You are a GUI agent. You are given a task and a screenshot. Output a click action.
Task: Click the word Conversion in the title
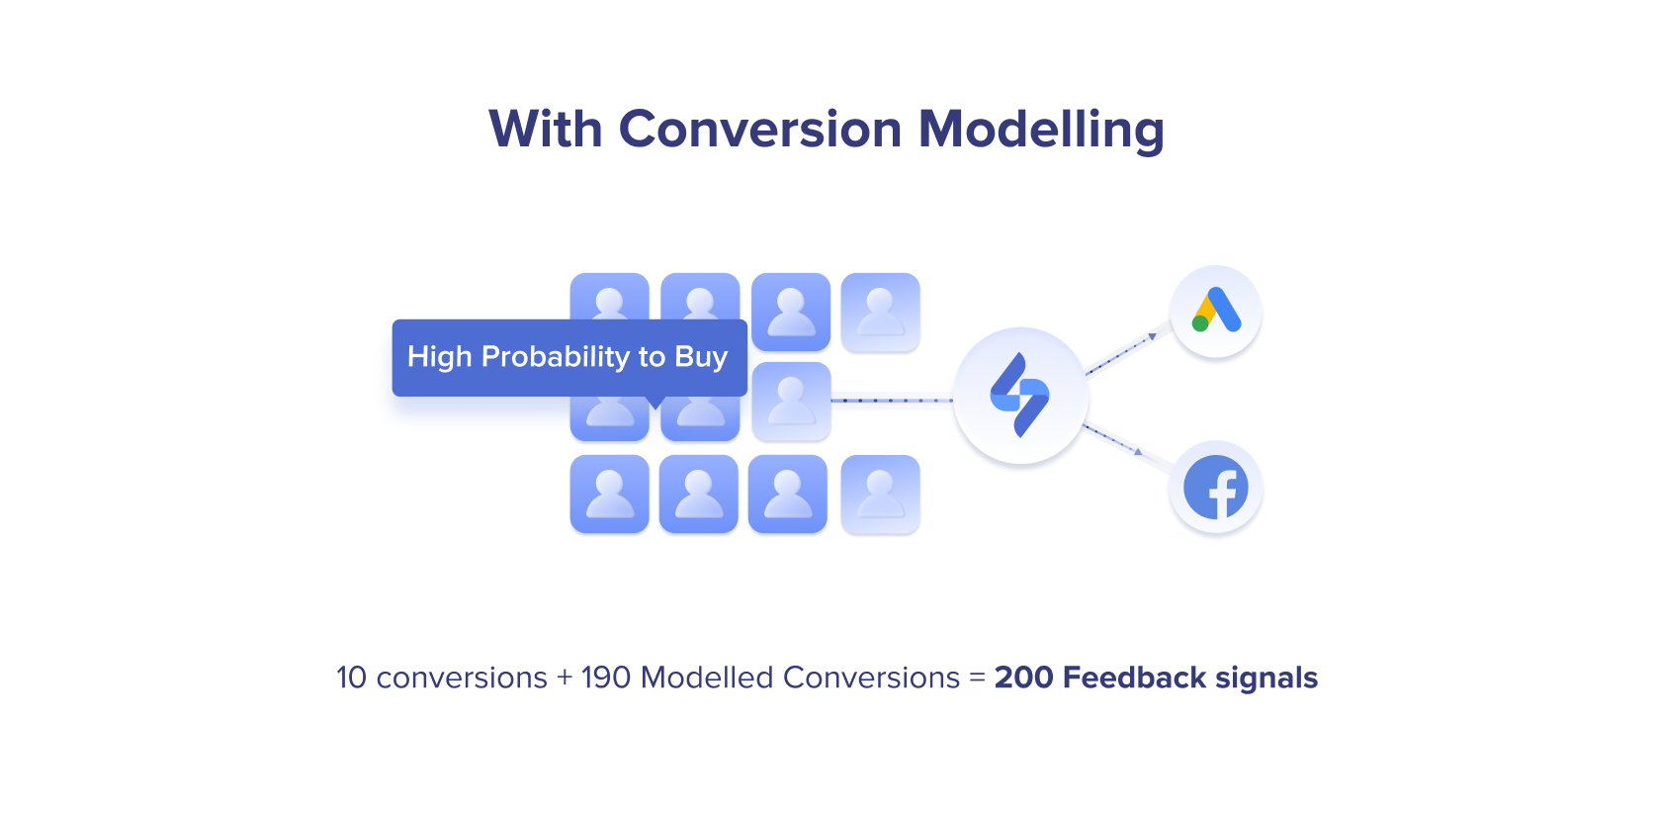click(x=759, y=129)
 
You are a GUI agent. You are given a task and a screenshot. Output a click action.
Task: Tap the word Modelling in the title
click(x=1041, y=131)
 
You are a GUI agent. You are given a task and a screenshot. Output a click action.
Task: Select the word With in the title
click(x=546, y=129)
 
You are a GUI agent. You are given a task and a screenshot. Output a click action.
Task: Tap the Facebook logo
click(x=1216, y=487)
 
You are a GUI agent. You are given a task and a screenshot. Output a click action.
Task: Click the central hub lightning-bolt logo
click(x=1020, y=395)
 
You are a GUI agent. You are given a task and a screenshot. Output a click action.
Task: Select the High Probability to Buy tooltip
click(x=569, y=358)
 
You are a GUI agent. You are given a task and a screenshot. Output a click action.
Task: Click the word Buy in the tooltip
click(x=701, y=357)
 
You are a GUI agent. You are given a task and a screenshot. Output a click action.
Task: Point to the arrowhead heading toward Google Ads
click(x=1153, y=337)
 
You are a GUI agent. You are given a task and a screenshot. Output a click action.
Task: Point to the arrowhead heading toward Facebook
click(x=1139, y=451)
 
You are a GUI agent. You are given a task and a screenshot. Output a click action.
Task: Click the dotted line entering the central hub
click(x=892, y=401)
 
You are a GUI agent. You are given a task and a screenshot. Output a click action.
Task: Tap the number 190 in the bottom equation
click(x=606, y=678)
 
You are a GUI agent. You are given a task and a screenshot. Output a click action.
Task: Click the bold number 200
click(x=1024, y=678)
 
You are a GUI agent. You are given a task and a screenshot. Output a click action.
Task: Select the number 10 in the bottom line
click(x=351, y=678)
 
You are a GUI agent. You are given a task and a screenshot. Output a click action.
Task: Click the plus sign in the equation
click(x=565, y=679)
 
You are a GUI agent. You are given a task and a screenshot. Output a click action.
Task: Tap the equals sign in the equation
click(x=977, y=679)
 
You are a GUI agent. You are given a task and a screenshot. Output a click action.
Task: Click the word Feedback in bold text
click(x=1134, y=678)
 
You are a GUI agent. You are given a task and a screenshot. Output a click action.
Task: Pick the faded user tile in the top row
click(x=880, y=313)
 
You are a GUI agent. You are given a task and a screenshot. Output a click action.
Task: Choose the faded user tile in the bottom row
click(x=880, y=494)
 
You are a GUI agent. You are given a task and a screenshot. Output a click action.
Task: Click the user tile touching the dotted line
click(x=792, y=402)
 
